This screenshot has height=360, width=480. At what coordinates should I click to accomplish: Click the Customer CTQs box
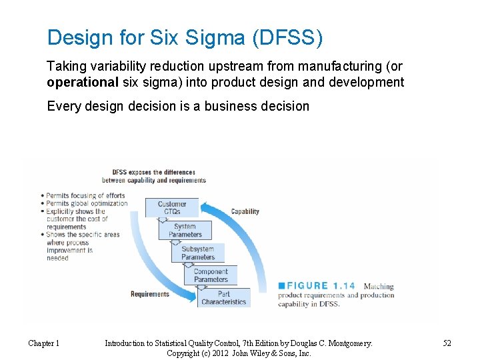[172, 208]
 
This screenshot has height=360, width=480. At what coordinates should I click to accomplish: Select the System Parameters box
[185, 231]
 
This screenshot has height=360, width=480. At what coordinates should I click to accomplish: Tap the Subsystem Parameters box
[198, 253]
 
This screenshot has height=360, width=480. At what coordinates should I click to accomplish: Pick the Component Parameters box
[211, 275]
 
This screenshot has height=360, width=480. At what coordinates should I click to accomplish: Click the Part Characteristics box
[224, 298]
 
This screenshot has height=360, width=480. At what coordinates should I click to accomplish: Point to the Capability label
[245, 212]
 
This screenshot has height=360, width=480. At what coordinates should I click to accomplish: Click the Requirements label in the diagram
[149, 294]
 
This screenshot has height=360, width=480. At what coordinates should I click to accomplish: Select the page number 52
[447, 343]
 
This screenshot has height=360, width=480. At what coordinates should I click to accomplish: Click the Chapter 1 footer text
[43, 343]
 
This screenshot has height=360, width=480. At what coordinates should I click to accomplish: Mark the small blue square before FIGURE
[281, 287]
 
